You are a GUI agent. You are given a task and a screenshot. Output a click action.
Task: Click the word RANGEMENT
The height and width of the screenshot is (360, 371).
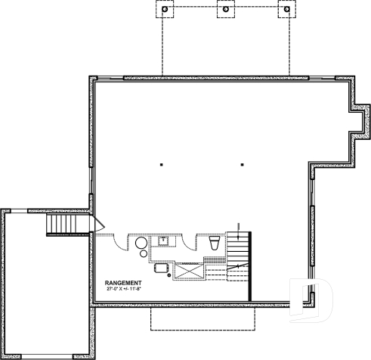click(124, 283)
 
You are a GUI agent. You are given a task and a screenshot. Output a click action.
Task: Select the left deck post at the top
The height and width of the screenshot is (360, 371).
click(165, 11)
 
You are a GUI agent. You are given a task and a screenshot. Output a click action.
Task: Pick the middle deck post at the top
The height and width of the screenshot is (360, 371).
click(225, 11)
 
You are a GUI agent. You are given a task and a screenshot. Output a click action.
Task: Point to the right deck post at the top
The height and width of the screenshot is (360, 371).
click(285, 11)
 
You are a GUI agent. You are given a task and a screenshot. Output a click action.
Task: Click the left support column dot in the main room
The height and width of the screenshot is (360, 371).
click(162, 164)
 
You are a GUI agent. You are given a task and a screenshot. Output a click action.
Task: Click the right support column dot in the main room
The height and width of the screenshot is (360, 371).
click(241, 164)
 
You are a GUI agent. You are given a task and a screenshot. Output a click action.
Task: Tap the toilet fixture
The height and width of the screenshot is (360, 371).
click(213, 243)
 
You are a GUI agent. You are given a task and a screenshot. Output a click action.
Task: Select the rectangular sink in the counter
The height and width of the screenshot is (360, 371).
click(162, 241)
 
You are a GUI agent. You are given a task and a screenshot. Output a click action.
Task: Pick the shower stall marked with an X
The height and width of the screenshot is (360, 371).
click(189, 269)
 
